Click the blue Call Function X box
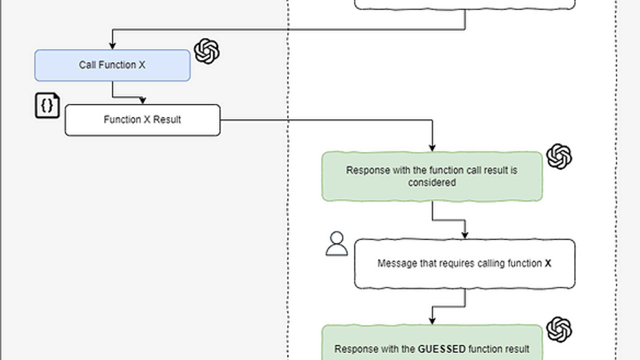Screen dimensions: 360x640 coord(112,65)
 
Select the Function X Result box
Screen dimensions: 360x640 coord(142,120)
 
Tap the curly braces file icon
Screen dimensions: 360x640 coord(47,105)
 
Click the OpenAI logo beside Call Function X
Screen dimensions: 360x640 coord(207,51)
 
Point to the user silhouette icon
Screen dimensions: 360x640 coord(337,244)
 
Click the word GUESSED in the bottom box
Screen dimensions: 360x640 coord(442,349)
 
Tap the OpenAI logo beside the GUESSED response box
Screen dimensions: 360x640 coord(559,329)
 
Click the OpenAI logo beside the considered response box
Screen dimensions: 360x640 coord(559,156)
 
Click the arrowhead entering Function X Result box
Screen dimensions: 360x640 coord(143,101)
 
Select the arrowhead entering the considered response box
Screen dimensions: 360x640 coord(432,148)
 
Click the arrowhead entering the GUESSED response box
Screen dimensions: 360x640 coord(432,321)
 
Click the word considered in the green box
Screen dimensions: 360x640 coord(432,183)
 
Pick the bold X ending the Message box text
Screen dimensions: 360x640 coord(548,263)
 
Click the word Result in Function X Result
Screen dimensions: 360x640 coord(167,120)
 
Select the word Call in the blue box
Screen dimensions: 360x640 coord(87,65)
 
